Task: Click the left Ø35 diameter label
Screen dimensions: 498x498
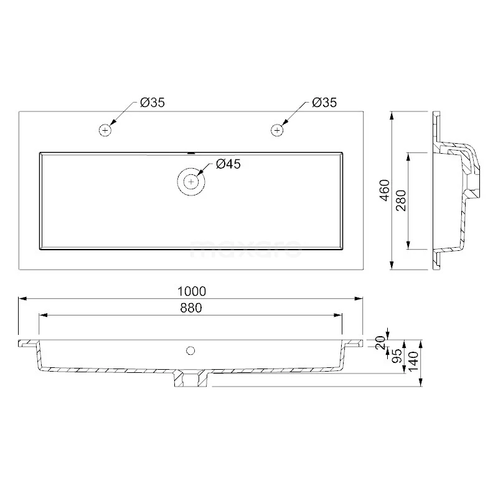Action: [153, 103]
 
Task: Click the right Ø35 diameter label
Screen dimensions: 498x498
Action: [324, 103]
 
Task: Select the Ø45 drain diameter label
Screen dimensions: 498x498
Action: [228, 164]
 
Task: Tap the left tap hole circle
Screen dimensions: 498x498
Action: [105, 130]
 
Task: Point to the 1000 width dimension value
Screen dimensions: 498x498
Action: [191, 291]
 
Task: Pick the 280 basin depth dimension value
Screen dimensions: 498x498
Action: [401, 200]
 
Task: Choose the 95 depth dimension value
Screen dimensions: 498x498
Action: [395, 357]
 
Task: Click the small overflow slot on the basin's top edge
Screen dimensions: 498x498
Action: [191, 152]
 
